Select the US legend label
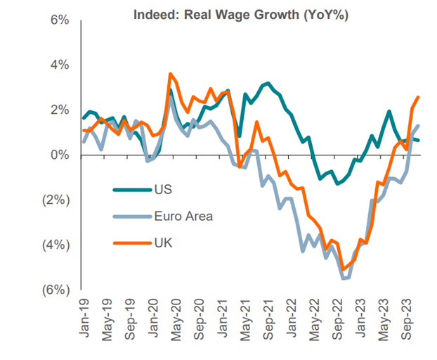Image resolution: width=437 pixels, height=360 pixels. (x=162, y=188)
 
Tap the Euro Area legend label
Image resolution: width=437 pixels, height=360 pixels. (x=183, y=216)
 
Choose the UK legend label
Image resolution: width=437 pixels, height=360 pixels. (x=162, y=243)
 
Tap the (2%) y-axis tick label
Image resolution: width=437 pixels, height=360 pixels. (x=56, y=200)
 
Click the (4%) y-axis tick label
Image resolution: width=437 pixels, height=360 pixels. (x=56, y=245)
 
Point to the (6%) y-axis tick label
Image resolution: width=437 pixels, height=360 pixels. (x=56, y=290)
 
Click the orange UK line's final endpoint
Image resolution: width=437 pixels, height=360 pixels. (x=419, y=97)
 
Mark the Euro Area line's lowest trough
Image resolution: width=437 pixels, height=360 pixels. (x=344, y=278)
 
